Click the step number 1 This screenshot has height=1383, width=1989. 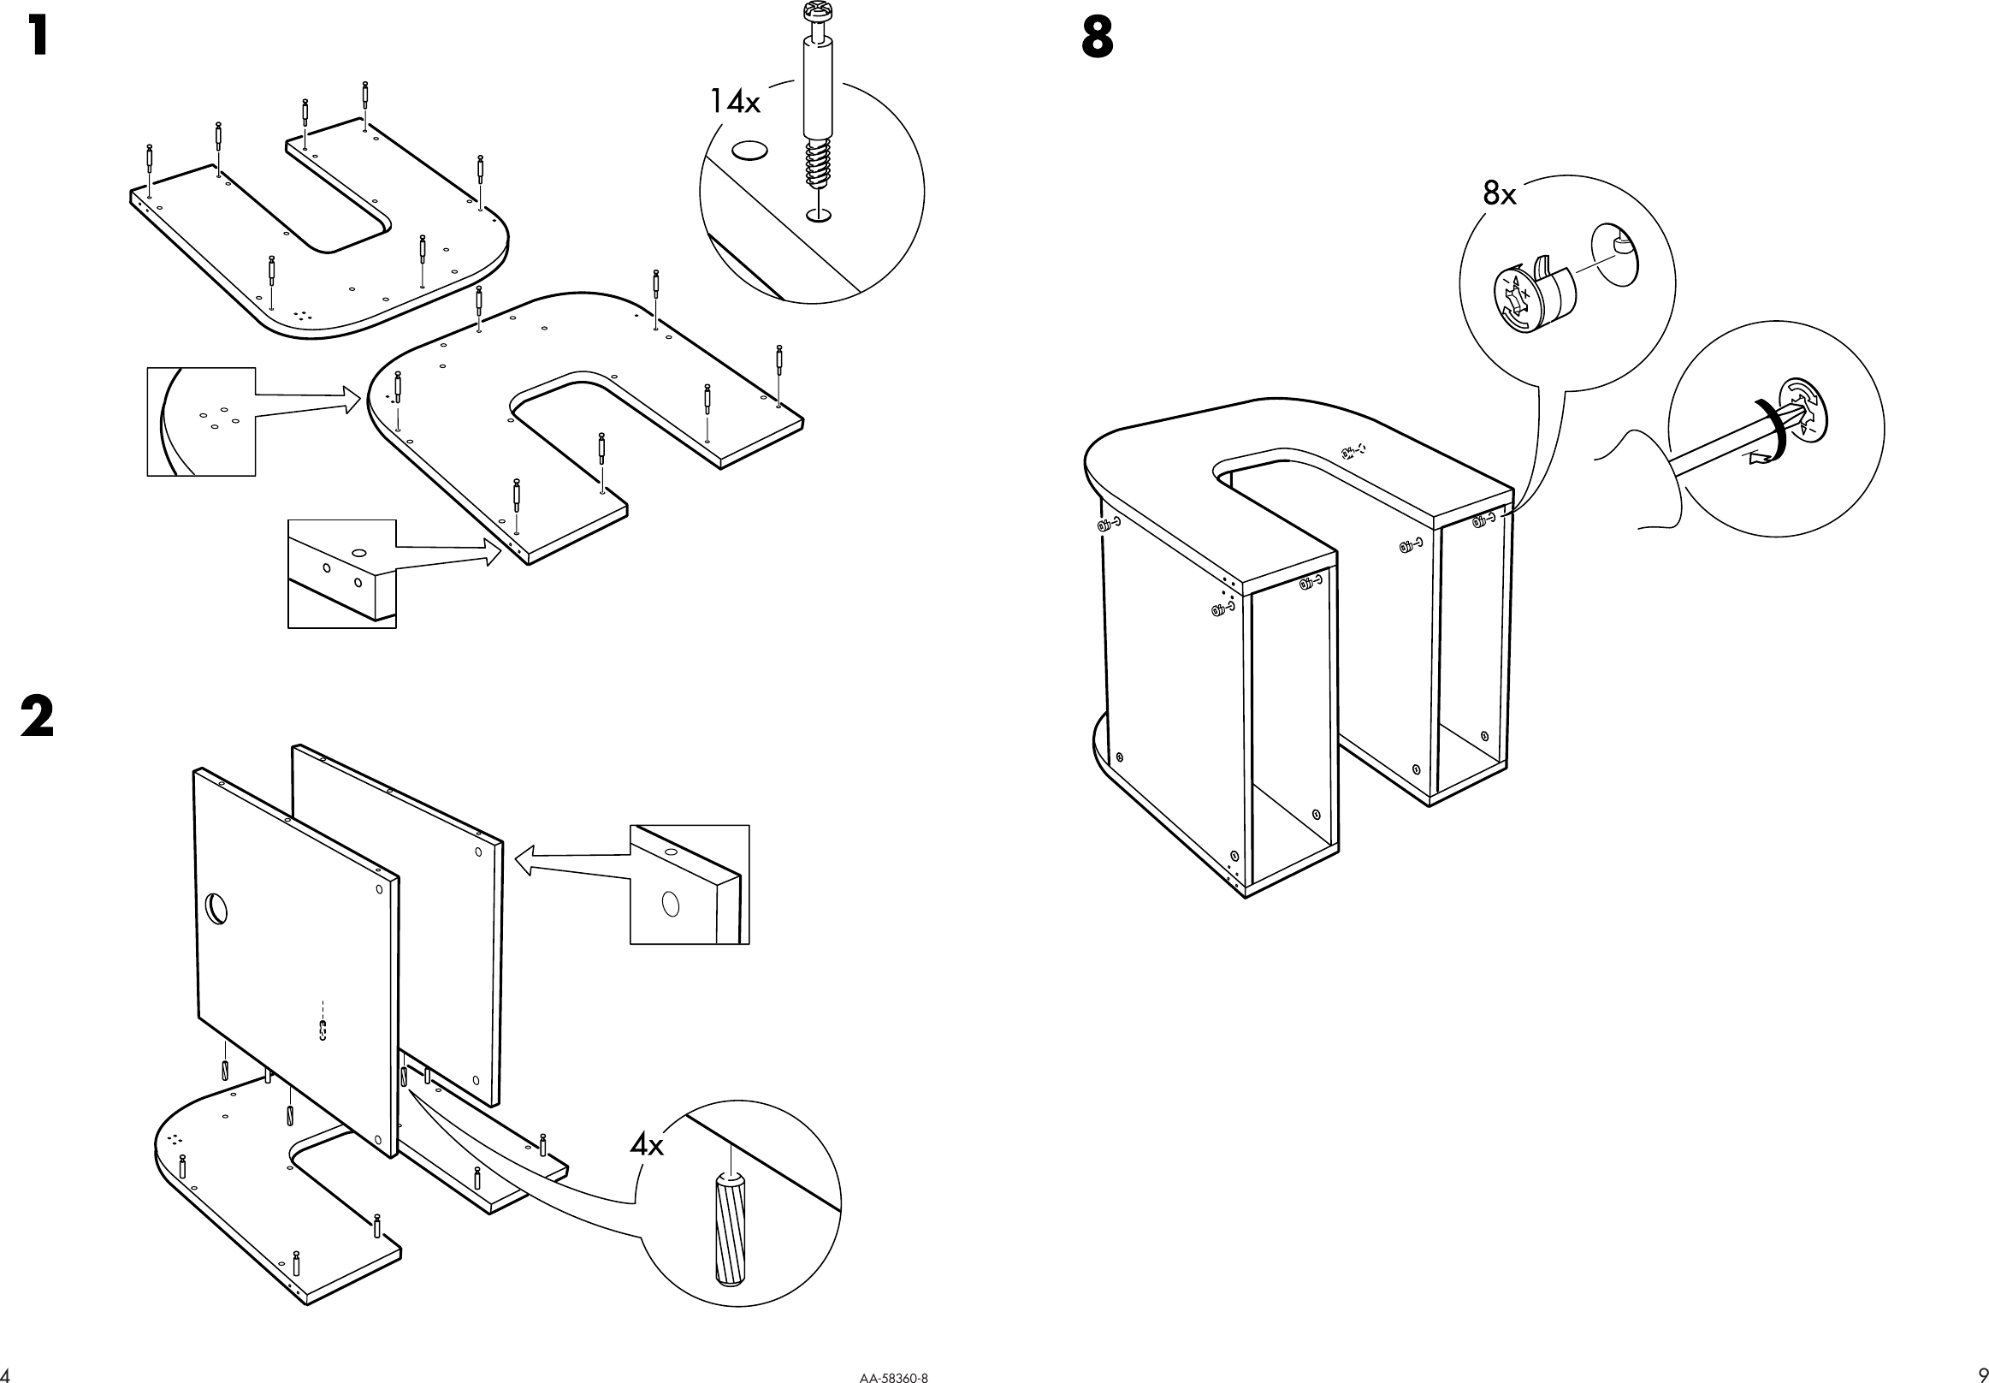38,38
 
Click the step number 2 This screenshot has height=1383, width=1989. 38,717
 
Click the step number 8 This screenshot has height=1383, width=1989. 1097,39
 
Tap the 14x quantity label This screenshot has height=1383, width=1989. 735,102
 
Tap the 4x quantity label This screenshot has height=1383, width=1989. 646,1146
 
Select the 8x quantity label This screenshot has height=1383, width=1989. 1500,194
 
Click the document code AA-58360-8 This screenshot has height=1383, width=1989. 893,1375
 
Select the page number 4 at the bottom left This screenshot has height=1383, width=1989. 4,1374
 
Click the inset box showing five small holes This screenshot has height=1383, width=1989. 201,421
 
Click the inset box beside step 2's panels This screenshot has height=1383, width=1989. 689,884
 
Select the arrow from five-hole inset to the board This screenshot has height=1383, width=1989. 307,404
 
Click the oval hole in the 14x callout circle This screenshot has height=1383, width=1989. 749,151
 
